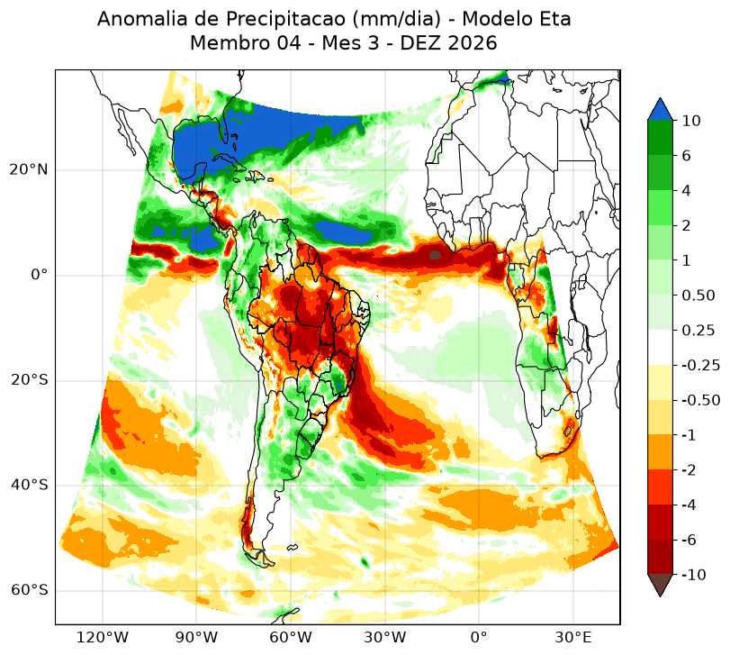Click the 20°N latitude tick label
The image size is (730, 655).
29,169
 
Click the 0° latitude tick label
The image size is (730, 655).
40,275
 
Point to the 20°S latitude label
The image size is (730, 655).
29,380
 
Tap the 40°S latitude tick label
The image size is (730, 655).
29,486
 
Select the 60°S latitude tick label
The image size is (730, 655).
29,590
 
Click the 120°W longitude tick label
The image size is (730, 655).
103,637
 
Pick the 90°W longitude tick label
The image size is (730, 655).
196,637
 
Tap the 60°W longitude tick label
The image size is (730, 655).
291,637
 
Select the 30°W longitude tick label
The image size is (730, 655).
384,637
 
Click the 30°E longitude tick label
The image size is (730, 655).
573,637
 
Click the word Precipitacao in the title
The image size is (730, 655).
286,20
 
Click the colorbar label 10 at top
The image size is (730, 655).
691,121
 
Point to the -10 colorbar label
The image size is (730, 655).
694,575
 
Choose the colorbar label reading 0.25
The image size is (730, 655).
698,331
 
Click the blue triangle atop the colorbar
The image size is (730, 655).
660,110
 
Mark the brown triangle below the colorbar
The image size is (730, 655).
660,584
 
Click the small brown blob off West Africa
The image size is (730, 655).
435,255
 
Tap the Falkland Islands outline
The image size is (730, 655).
293,548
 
